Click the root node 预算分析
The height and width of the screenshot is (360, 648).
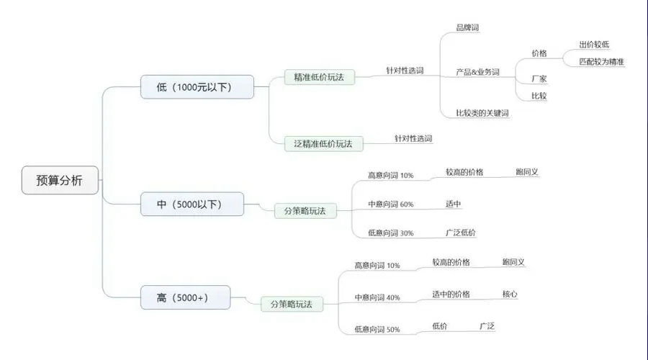tap(60, 180)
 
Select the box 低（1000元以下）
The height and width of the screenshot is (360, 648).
tap(197, 87)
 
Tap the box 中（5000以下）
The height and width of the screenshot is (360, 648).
tap(192, 204)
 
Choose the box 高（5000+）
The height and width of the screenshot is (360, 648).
tap(186, 297)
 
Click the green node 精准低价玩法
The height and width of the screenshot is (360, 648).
tap(319, 77)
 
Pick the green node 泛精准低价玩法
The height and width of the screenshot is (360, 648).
tap(323, 144)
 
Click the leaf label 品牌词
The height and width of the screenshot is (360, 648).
tap(467, 27)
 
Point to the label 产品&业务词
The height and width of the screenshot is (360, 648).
tap(478, 72)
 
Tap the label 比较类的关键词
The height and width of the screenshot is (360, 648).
tap(482, 113)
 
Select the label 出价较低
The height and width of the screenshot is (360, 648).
tap(594, 45)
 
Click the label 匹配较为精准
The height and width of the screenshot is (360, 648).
tap(601, 62)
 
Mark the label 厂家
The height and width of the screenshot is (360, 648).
tap(539, 78)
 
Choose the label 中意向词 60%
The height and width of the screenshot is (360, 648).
tap(390, 204)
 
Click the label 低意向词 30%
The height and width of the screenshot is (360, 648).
tap(390, 233)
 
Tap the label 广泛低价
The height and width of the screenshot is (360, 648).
tap(460, 233)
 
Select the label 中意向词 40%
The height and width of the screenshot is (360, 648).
tap(377, 297)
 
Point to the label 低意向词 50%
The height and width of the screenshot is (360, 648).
tap(377, 330)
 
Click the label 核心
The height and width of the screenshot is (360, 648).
tap(510, 294)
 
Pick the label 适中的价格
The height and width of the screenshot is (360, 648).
tap(451, 294)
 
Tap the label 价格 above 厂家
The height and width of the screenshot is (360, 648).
tap(539, 53)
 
